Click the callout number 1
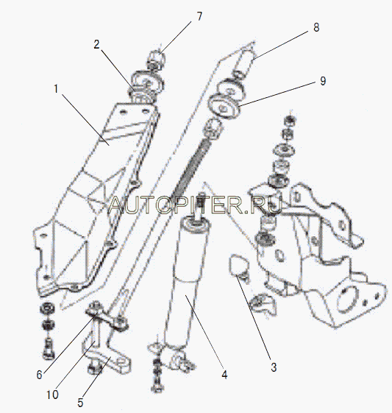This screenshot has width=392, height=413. click(56, 89)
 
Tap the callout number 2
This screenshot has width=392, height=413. click(96, 44)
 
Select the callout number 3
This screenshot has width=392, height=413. click(274, 367)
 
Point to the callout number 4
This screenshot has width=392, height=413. click(224, 375)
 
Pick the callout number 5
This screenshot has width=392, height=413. click(80, 403)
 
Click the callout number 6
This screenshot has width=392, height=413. click(39, 375)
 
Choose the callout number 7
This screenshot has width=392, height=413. click(200, 16)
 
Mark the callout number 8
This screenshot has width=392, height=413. click(316, 27)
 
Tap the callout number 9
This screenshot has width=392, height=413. click(323, 81)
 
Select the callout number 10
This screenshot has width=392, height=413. click(52, 395)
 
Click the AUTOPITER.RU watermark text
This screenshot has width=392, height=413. click(195, 205)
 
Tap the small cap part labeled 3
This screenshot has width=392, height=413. click(238, 265)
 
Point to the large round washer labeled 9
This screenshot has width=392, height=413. click(224, 107)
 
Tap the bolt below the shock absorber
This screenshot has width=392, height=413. click(157, 377)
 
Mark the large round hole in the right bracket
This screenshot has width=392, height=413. click(347, 299)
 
